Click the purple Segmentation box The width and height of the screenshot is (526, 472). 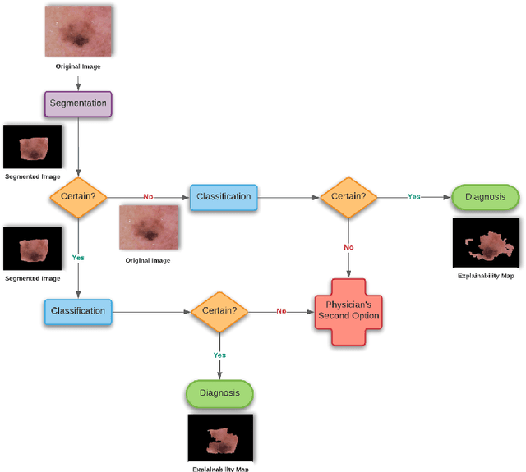point(77,104)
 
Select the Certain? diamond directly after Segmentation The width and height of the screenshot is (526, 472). point(77,197)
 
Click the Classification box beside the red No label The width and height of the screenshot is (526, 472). point(223,197)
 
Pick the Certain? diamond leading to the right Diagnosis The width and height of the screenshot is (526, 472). point(348,197)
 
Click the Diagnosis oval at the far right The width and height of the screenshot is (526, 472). point(486,197)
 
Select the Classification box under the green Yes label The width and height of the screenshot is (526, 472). point(77,311)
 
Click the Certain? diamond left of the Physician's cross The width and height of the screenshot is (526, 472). point(219,311)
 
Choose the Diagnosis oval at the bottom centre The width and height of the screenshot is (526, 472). point(219,392)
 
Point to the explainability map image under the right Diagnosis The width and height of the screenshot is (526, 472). point(486,243)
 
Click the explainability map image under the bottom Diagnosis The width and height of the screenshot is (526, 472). point(219,438)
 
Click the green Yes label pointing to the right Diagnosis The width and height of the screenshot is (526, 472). point(414,197)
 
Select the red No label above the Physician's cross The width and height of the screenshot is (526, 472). point(348,245)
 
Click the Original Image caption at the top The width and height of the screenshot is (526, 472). point(77,65)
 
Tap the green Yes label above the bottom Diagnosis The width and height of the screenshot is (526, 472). point(219,355)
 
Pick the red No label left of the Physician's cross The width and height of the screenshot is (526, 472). point(281,311)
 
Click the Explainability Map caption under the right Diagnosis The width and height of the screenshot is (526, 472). point(486,277)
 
